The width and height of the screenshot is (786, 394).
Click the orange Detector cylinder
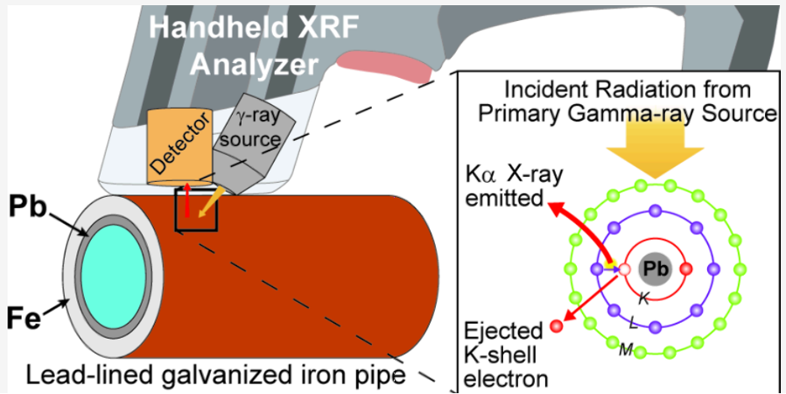point(178,148)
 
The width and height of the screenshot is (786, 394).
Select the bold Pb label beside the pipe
point(28,205)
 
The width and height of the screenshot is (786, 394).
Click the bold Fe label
point(24,318)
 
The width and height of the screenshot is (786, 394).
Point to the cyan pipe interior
point(113,277)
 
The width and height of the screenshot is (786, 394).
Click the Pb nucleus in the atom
point(655,269)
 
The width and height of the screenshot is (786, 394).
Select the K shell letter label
point(643,299)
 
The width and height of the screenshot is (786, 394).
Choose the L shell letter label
point(633,324)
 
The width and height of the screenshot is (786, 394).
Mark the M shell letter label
point(626,350)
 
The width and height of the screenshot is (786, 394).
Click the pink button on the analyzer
point(384,66)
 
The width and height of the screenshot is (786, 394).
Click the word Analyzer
point(254,64)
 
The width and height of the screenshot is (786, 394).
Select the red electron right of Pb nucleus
point(686,269)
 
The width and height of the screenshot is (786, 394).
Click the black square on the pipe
point(196,210)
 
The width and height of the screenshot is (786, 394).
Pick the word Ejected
point(503,332)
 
